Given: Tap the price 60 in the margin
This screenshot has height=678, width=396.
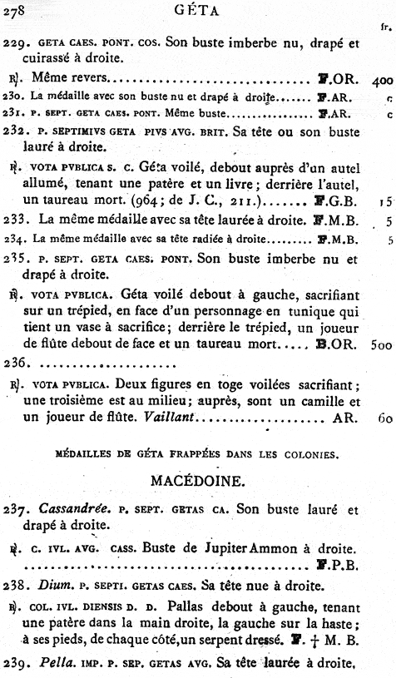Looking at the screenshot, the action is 384,419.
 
